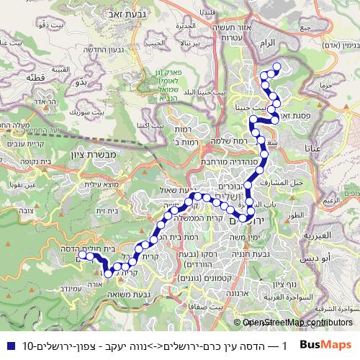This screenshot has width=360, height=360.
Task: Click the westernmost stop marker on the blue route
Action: coord(82,255)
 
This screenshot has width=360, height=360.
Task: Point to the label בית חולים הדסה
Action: coord(93,247)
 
